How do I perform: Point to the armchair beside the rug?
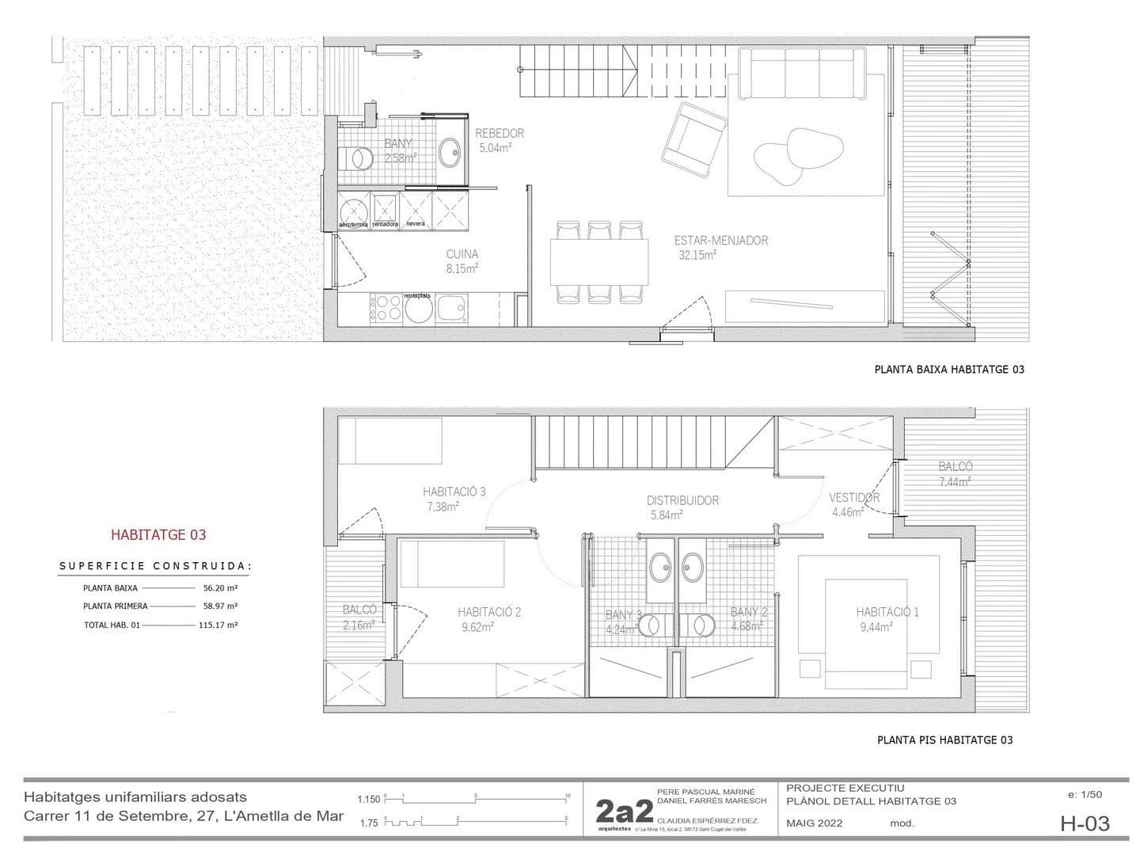(696, 139)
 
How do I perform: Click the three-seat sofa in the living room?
(801, 74)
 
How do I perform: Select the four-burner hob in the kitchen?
(386, 307)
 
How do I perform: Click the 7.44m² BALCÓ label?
(955, 473)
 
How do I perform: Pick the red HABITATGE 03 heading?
(158, 534)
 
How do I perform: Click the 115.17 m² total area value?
(218, 625)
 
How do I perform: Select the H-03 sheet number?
(1085, 823)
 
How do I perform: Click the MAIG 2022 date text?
(815, 823)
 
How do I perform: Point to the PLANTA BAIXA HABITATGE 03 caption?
(949, 369)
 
